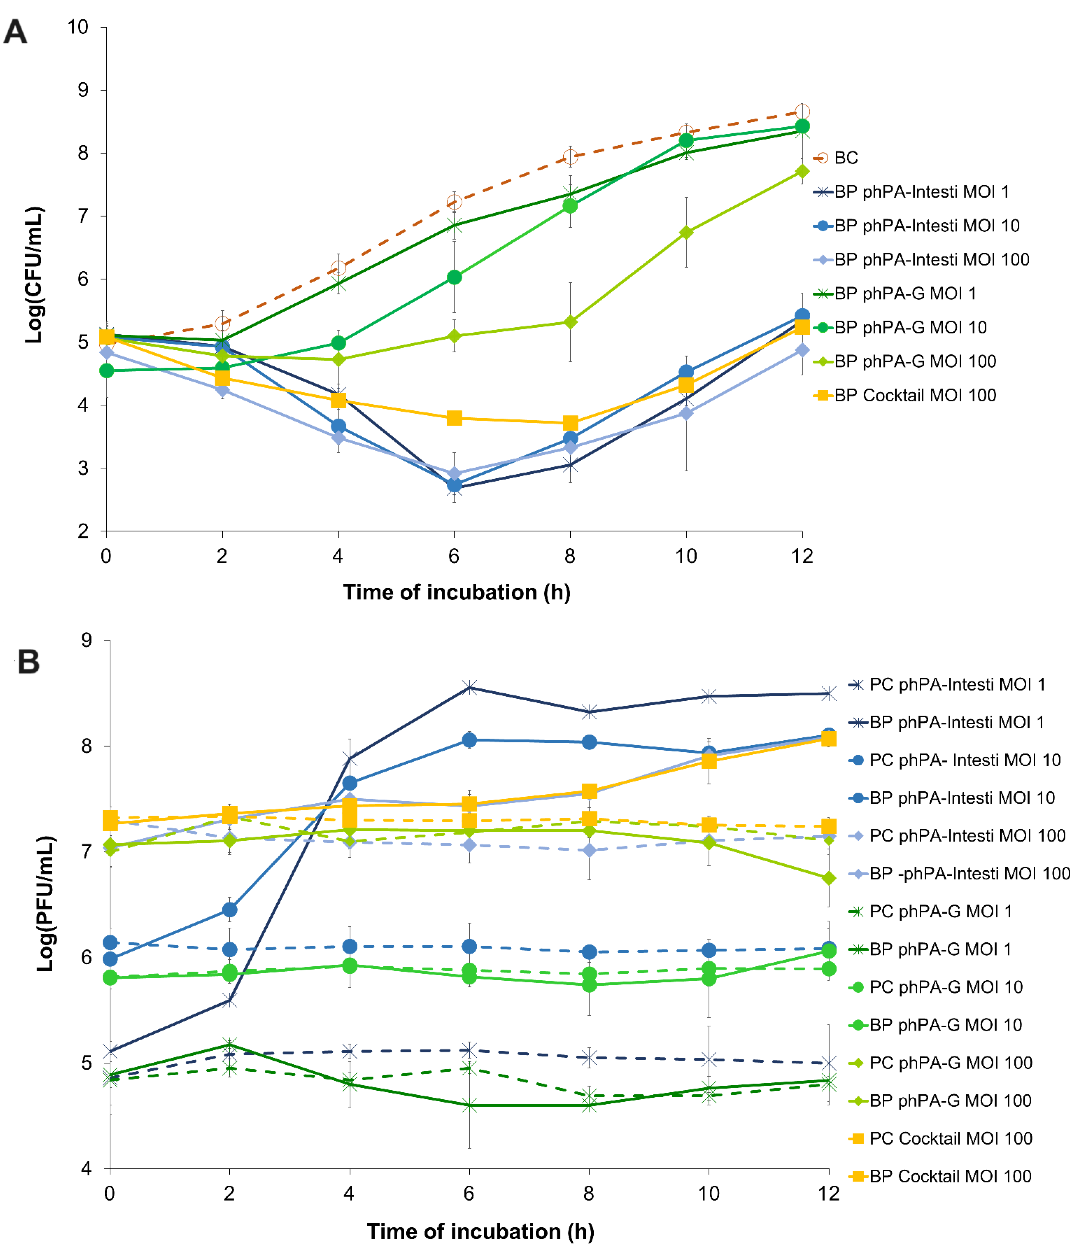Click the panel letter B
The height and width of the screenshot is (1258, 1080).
coord(28,662)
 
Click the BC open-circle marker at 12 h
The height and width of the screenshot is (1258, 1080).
coord(802,112)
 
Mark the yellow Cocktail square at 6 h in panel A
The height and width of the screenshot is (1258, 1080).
coord(454,418)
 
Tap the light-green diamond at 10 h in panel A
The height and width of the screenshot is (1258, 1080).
coord(686,233)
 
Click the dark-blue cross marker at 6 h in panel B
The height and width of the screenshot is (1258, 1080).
coord(469,687)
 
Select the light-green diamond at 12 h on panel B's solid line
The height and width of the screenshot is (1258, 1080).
coord(829,879)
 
